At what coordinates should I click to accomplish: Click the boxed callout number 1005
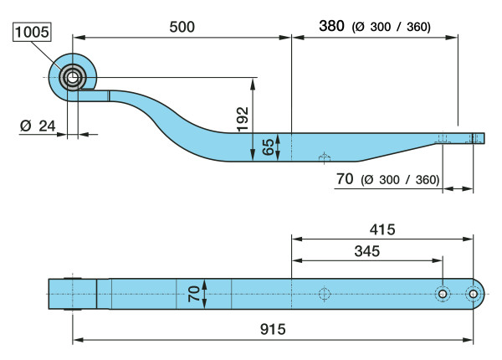click(x=32, y=32)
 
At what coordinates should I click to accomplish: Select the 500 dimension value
click(x=182, y=27)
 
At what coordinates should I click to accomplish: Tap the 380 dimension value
click(x=331, y=26)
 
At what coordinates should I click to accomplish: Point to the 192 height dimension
click(x=243, y=119)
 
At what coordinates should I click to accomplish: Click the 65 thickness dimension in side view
click(x=269, y=147)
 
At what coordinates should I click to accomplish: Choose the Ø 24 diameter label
click(x=38, y=126)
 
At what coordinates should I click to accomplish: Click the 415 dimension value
click(x=382, y=229)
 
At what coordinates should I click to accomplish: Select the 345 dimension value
click(x=367, y=251)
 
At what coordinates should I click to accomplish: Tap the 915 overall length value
click(x=273, y=329)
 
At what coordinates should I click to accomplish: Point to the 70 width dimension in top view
click(x=194, y=294)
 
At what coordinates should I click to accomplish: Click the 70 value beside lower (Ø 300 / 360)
click(x=345, y=178)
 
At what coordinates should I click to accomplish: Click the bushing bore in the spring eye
click(x=73, y=78)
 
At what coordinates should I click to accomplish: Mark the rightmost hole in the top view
click(x=474, y=294)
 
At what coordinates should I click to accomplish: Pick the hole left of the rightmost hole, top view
click(x=443, y=294)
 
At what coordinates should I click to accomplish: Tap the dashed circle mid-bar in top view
click(x=325, y=294)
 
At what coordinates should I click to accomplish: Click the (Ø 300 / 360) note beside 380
click(x=392, y=27)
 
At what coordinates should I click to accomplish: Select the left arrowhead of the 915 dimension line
click(x=79, y=340)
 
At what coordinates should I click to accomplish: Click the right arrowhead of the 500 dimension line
click(x=285, y=38)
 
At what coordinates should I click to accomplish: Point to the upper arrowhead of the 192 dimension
click(x=253, y=84)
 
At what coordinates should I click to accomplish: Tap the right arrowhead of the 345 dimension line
click(x=437, y=260)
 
